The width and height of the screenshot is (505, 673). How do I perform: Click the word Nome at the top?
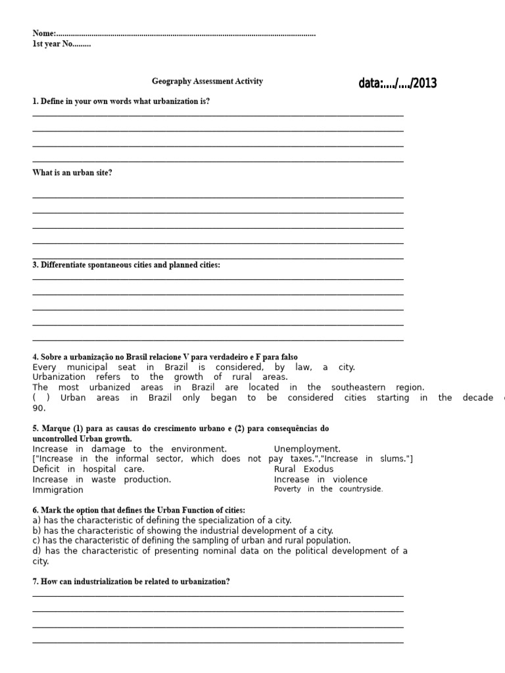[x=43, y=34]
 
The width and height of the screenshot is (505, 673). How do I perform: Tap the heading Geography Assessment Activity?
[x=207, y=81]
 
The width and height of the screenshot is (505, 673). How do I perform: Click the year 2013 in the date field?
[x=424, y=83]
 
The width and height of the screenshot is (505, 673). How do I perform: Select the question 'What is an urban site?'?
[x=72, y=173]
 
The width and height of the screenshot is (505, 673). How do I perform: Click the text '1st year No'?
[x=61, y=44]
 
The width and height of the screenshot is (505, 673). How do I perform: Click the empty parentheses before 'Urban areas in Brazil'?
[x=41, y=398]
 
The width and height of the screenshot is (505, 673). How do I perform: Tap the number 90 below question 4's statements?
[x=39, y=408]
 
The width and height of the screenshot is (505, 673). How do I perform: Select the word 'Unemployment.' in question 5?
[x=307, y=449]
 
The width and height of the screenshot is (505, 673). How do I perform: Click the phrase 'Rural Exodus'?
[x=304, y=469]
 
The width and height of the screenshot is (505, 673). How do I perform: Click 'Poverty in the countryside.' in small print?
[x=328, y=489]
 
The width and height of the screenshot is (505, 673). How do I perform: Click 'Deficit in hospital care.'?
[x=88, y=469]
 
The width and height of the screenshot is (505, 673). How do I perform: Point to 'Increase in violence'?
[x=320, y=479]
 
